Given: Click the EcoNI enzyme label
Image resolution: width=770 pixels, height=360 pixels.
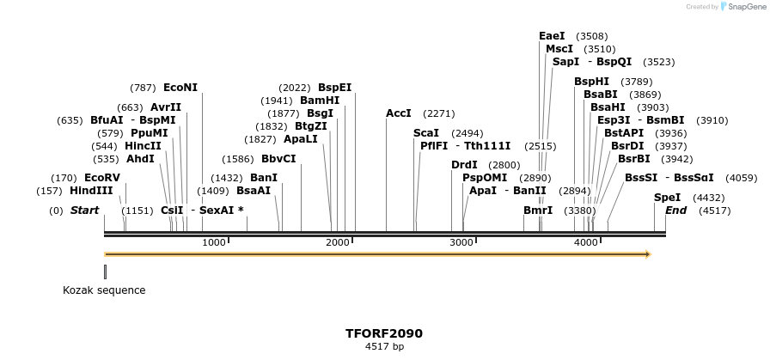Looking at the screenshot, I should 180,88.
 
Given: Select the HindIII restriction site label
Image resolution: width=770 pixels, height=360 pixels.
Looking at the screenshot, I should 91,191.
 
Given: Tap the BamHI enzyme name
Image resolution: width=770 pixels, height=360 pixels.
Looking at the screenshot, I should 320,101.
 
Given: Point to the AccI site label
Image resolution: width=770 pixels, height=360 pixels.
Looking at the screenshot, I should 399,113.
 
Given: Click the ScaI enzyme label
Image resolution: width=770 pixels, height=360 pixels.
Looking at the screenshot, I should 426,133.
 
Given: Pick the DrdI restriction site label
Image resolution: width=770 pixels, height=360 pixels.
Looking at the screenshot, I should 464,165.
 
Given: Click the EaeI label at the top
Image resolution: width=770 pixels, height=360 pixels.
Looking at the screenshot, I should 552,36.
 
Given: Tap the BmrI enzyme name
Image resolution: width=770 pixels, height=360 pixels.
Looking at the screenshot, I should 538,211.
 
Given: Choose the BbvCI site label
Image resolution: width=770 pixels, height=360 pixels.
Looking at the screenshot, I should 278,159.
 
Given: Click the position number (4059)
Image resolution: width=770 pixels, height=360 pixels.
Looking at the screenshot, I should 741,178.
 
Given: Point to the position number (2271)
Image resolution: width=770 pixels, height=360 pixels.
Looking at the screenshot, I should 439,113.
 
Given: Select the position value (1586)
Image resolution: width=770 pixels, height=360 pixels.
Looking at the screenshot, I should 238,159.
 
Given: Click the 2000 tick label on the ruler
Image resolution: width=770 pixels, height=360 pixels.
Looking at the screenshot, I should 338,243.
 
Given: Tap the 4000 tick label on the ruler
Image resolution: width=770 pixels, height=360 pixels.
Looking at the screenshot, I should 586,243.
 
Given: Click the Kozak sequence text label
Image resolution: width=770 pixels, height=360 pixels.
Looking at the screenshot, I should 104,290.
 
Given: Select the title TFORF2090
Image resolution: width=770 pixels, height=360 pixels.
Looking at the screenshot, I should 384,333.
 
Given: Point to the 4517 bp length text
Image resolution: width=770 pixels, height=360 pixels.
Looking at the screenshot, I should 384,347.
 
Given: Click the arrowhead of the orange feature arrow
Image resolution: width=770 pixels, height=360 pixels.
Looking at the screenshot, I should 648,254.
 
